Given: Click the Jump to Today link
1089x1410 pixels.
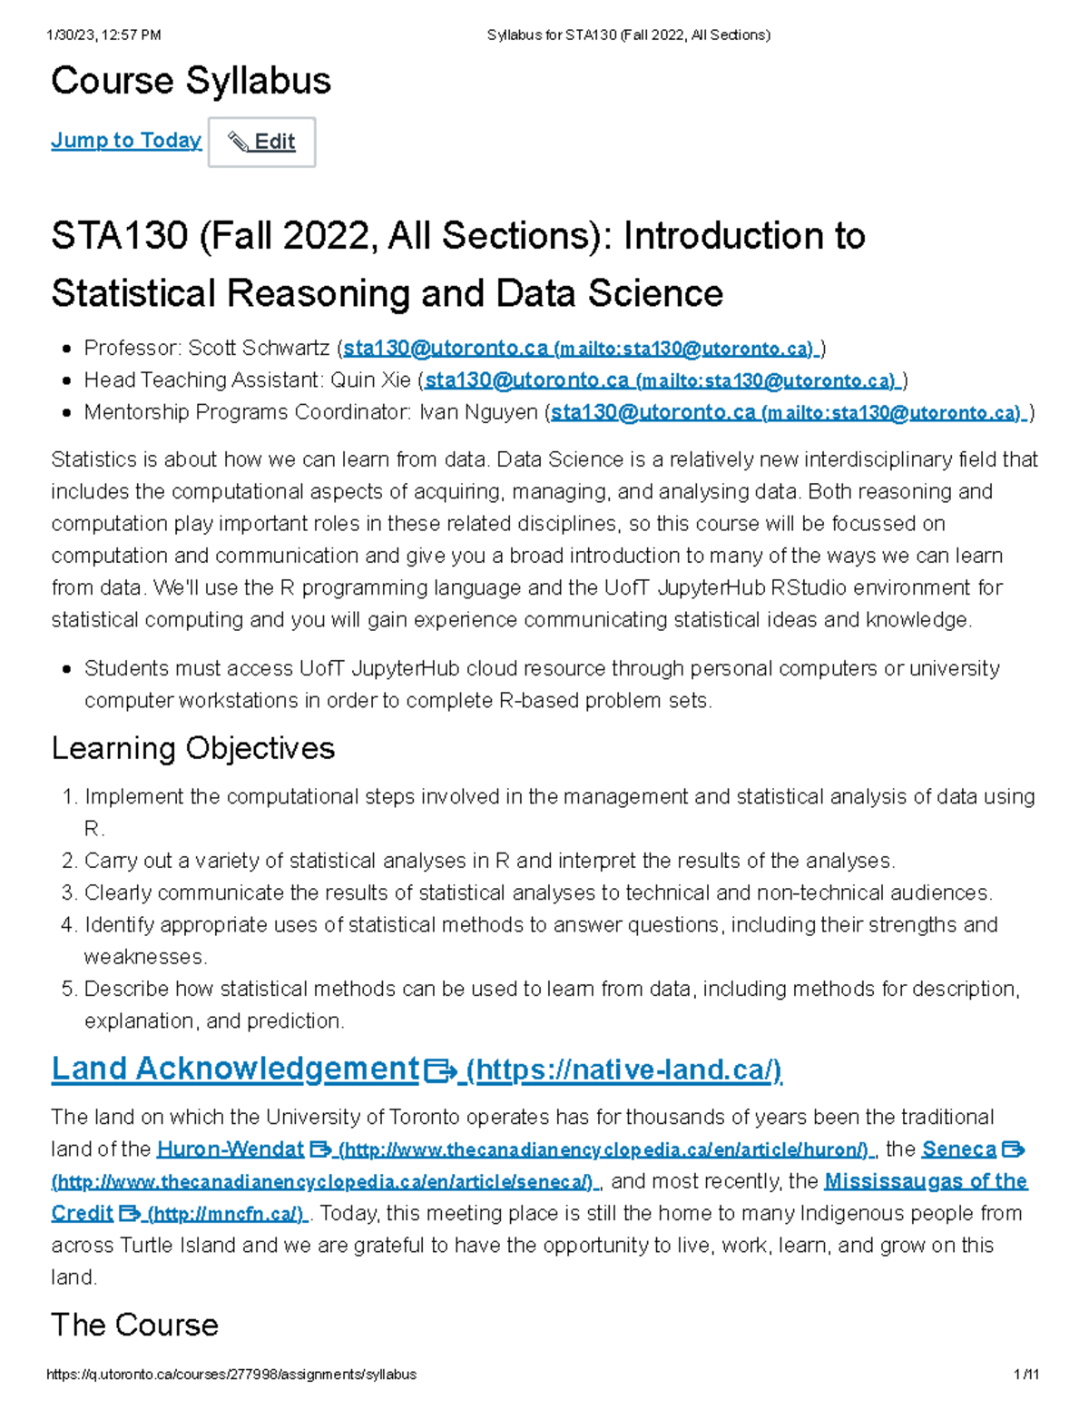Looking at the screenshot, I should [126, 141].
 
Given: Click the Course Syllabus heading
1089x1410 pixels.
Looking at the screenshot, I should [191, 81].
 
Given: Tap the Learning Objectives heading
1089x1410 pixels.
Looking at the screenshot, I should [192, 748].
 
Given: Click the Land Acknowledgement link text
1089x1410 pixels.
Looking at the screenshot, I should [235, 1069].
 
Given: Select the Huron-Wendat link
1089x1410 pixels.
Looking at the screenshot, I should [230, 1149].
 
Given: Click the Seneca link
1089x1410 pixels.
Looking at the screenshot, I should [958, 1149].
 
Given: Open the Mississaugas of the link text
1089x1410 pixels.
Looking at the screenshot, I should [925, 1181].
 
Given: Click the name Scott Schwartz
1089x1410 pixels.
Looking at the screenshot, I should [259, 349].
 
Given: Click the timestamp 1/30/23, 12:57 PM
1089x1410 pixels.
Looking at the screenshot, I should [103, 35].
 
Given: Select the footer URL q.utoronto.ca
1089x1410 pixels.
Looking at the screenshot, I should [231, 1375].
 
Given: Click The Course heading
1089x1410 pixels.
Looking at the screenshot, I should [134, 1325].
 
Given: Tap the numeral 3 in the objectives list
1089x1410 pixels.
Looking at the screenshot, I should [69, 893].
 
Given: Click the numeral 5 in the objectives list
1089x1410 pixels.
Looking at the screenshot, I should [69, 990].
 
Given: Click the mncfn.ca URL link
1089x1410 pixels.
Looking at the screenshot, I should [227, 1214].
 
